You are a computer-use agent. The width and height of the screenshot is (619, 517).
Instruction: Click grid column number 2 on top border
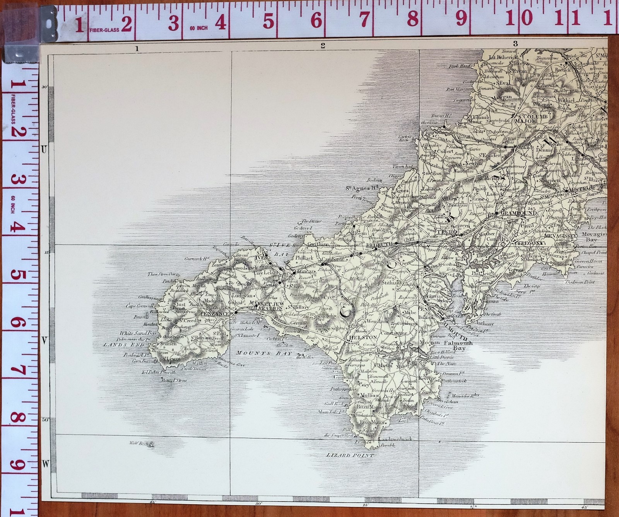pos(323,46)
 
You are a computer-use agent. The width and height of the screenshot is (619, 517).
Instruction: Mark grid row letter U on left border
pos(44,150)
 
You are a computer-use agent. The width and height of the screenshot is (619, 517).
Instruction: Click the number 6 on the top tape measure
pos(316,20)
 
